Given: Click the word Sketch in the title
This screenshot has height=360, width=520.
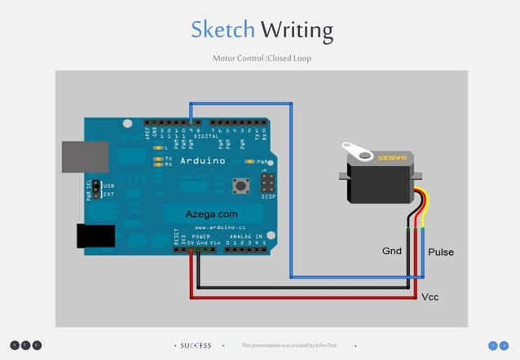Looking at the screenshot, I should click(223, 30).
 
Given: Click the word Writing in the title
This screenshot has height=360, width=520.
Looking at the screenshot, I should click(297, 31).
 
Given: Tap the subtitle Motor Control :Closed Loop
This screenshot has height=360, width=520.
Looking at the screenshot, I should click(262, 59).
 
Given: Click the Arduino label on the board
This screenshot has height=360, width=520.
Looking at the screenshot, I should click(202, 161).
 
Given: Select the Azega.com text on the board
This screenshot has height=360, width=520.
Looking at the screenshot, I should click(211, 214).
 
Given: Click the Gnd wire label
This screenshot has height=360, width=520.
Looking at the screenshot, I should click(392, 251).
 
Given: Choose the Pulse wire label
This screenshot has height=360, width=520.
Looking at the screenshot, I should click(441, 252).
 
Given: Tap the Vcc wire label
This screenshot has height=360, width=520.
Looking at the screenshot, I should click(430, 296).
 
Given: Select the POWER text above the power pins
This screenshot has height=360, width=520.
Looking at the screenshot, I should click(201, 236).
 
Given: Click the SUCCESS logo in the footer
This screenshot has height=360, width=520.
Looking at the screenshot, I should click(196, 345).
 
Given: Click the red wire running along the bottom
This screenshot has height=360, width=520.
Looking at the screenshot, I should click(302, 298).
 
